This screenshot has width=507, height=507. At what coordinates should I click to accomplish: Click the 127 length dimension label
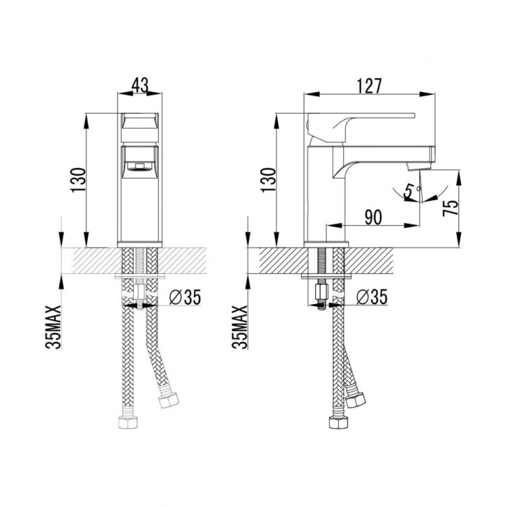[x=370, y=85]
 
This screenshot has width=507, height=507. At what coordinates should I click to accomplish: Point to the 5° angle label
[x=409, y=192]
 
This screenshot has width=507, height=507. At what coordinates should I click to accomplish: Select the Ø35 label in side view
[x=371, y=296]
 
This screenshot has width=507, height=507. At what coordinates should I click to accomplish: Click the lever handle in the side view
[x=358, y=122]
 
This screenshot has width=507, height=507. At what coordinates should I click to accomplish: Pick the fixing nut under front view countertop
[x=139, y=294]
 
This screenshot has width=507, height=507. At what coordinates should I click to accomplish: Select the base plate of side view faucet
[x=327, y=243]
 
